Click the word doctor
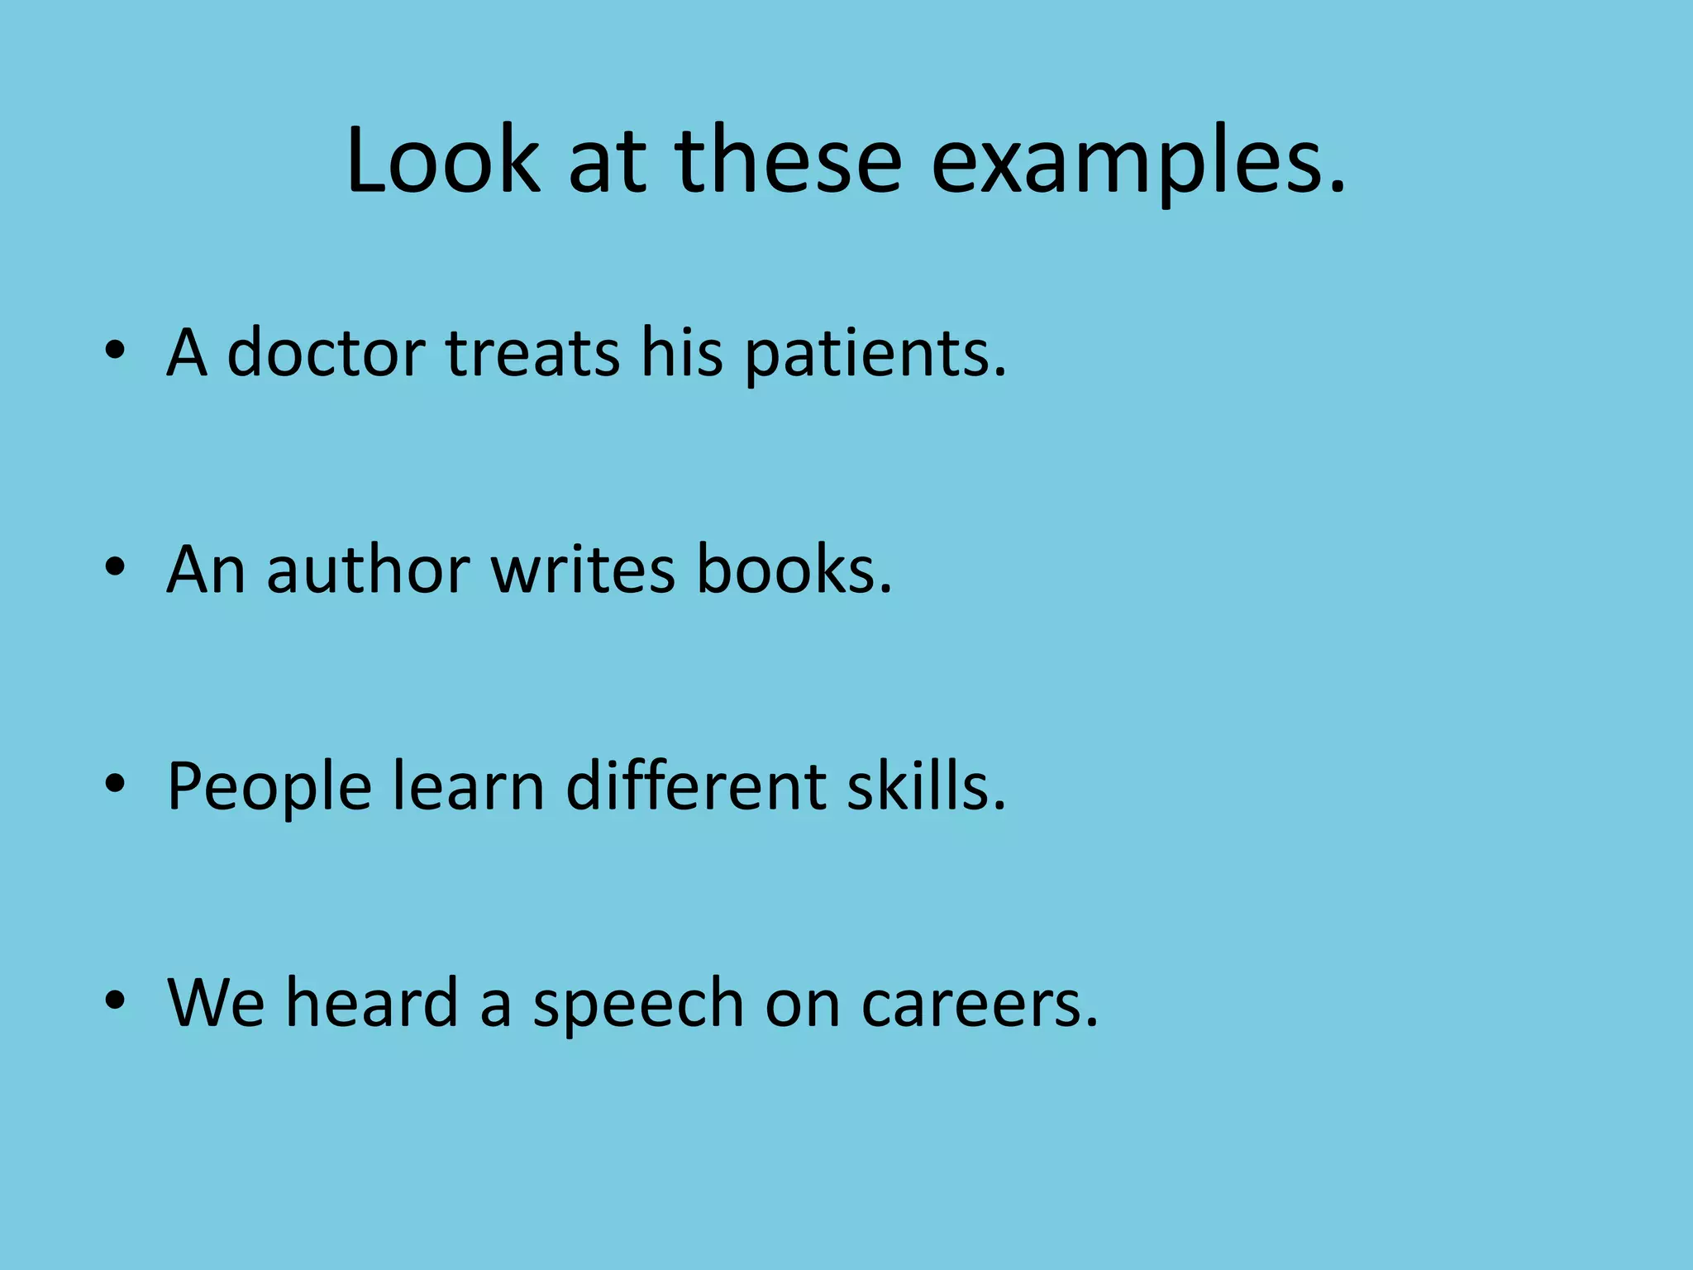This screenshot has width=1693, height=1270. pyautogui.click(x=326, y=353)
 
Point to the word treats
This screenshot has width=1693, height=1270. pyautogui.click(x=533, y=353)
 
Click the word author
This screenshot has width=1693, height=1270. pyautogui.click(x=369, y=570)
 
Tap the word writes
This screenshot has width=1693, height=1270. pyautogui.click(x=584, y=570)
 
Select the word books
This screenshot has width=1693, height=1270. pyautogui.click(x=794, y=570)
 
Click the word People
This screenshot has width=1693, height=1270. pyautogui.click(x=269, y=788)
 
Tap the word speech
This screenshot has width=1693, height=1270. pyautogui.click(x=638, y=1005)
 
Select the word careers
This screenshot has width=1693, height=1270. pyautogui.click(x=980, y=1005)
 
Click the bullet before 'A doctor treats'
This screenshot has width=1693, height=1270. pyautogui.click(x=115, y=351)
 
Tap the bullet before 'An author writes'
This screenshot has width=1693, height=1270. pyautogui.click(x=115, y=567)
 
